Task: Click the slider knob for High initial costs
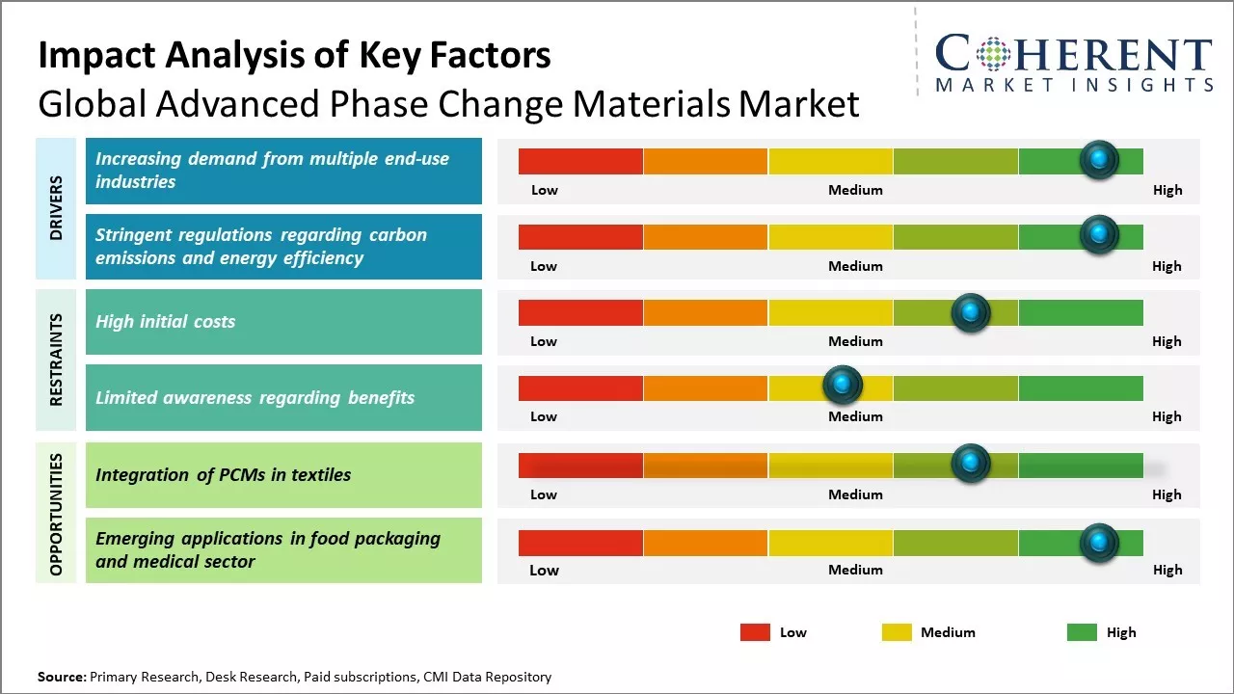(x=970, y=312)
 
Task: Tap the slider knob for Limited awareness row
(x=843, y=386)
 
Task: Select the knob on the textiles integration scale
(x=970, y=464)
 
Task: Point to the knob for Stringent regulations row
(x=1098, y=234)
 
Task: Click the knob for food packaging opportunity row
(x=1098, y=544)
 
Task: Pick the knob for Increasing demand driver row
(x=1098, y=159)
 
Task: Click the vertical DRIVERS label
(x=57, y=208)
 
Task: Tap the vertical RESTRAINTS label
(x=57, y=360)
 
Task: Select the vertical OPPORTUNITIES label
(x=57, y=514)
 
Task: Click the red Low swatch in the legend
(x=755, y=632)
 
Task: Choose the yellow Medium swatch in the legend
(x=897, y=632)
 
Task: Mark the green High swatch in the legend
(x=1082, y=632)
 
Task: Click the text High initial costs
(x=165, y=322)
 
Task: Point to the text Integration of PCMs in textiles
(x=223, y=474)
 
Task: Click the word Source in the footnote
(x=61, y=678)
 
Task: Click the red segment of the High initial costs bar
(x=580, y=312)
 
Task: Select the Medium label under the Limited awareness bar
(x=855, y=416)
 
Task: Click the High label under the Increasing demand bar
(x=1167, y=190)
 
